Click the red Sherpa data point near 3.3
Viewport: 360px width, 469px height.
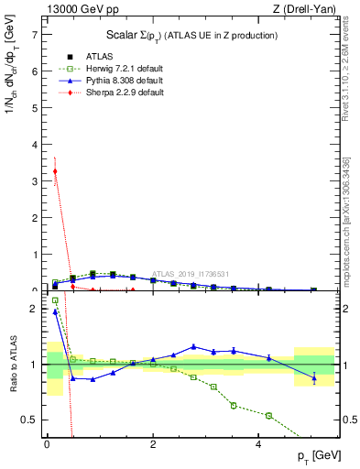(x=56, y=171)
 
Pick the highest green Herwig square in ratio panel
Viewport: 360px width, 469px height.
(x=56, y=300)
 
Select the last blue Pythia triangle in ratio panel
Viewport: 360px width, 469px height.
(x=314, y=377)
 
